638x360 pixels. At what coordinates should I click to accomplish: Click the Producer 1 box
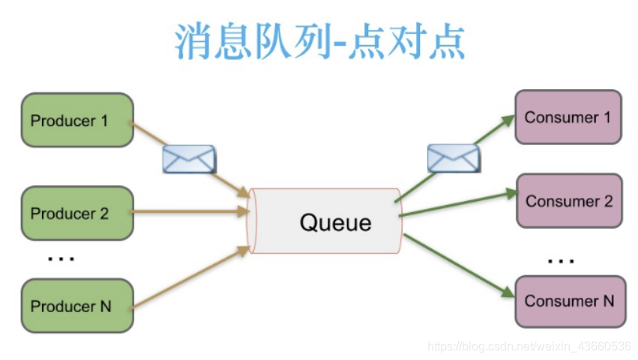coord(78,120)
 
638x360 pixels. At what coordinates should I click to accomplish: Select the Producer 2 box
coord(78,213)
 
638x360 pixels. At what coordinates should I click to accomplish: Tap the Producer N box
coord(78,306)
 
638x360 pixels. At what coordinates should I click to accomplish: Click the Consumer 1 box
coord(568,117)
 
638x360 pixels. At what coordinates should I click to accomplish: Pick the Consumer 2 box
coord(569,201)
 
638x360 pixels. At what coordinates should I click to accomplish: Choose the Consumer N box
coord(569,301)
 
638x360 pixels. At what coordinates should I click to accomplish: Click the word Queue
coord(335,222)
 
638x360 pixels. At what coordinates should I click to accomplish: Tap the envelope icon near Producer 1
coord(189,159)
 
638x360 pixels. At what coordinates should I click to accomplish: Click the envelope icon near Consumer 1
coord(453,158)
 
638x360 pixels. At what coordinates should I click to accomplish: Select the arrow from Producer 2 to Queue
coord(191,213)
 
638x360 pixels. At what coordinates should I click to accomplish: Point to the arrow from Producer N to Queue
coord(191,277)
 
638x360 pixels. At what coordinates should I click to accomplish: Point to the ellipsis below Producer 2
coord(61,259)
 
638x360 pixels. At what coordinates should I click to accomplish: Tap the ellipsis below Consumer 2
coord(560,261)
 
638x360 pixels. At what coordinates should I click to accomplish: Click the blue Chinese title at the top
coord(320,41)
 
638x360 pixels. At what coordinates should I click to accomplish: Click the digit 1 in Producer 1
coord(104,120)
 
